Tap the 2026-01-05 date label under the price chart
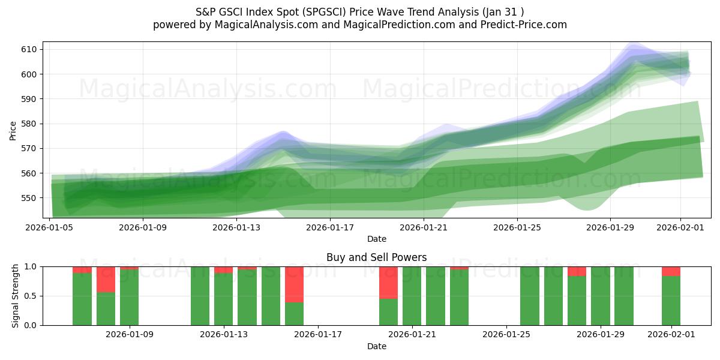[50, 227]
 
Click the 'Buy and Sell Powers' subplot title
[376, 257]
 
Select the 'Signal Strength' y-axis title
[16, 296]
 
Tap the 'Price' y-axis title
[13, 130]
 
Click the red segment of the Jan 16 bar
[294, 284]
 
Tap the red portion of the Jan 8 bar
[106, 280]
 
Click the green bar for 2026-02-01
[671, 301]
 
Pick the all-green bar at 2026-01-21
[412, 296]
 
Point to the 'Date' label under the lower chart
[376, 346]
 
